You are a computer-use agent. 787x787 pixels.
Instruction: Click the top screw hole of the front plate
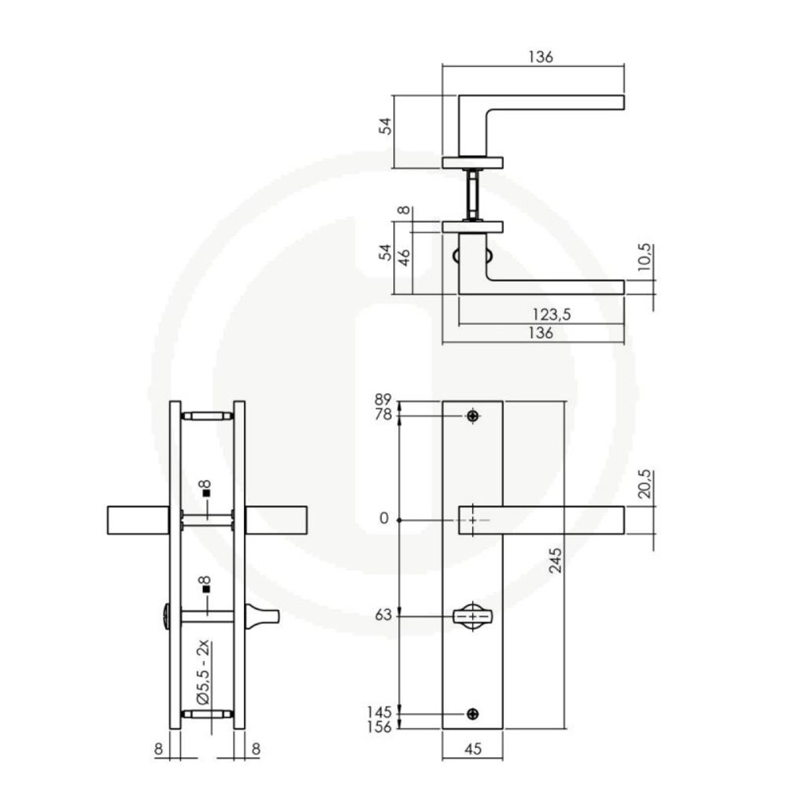pos(472,416)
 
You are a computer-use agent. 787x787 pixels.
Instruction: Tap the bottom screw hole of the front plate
pos(472,714)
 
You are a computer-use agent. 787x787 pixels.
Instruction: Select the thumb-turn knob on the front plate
pos(471,615)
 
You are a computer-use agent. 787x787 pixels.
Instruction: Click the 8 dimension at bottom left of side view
pos(158,750)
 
